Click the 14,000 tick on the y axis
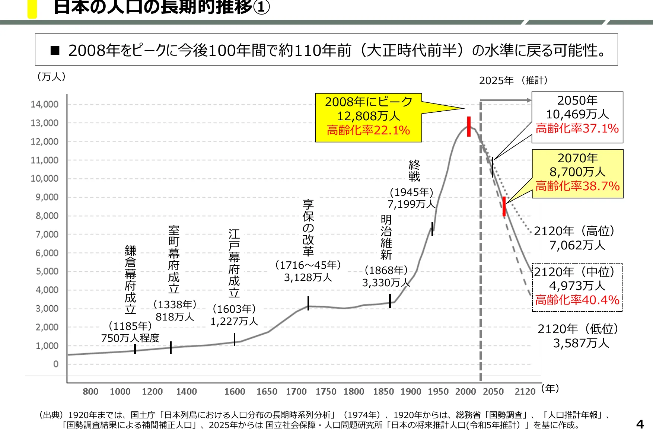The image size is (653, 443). click(45, 105)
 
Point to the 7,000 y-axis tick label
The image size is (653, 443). click(47, 235)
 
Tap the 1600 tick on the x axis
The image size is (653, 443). click(235, 392)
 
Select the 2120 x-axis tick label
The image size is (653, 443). click(525, 392)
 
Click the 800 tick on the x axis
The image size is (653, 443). click(90, 392)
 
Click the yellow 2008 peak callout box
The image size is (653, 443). click(368, 117)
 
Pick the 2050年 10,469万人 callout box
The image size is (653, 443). click(577, 117)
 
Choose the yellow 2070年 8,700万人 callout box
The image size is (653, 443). click(577, 173)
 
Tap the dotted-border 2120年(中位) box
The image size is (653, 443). click(577, 287)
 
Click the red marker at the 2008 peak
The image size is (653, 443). click(469, 127)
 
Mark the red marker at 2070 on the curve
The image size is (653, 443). click(504, 206)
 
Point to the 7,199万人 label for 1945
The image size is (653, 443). click(411, 204)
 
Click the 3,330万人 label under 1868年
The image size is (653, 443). click(386, 283)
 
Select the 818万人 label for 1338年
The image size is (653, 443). click(175, 317)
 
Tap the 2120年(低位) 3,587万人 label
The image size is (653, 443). click(579, 336)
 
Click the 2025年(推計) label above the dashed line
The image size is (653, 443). click(513, 80)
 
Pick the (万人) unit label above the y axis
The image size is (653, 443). click(51, 77)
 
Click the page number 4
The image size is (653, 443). click(640, 424)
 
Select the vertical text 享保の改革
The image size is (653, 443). click(308, 228)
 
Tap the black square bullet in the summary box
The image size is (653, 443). click(55, 50)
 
